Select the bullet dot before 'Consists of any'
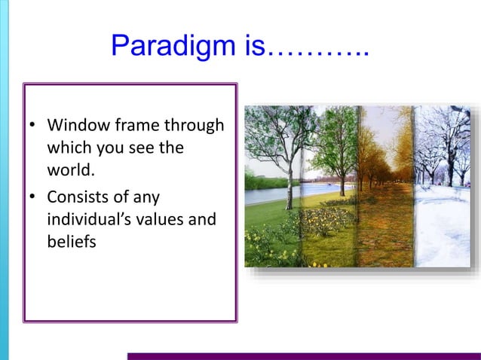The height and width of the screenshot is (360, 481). (33, 199)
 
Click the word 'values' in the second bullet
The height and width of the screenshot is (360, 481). (161, 221)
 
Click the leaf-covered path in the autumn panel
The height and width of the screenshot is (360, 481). (384, 226)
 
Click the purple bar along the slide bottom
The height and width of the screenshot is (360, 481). (302, 356)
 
